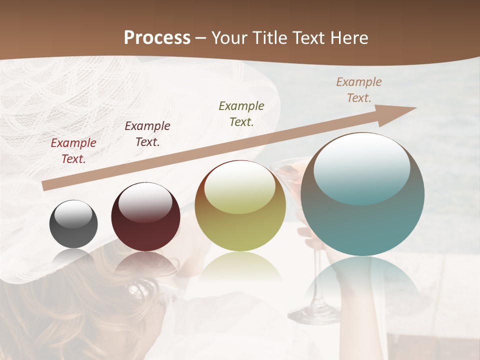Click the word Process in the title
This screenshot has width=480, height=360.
pos(157,38)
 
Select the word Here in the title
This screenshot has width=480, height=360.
pos(348,38)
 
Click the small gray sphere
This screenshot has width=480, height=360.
pos(73,224)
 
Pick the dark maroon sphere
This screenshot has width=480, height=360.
pos(145,217)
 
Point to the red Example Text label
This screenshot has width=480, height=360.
pos(73,151)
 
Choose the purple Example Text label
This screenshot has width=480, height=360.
pos(147,134)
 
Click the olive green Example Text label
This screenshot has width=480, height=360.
pos(241,113)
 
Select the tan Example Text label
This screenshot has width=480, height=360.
pos(359,90)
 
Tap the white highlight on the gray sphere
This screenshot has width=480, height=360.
pos(73,214)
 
